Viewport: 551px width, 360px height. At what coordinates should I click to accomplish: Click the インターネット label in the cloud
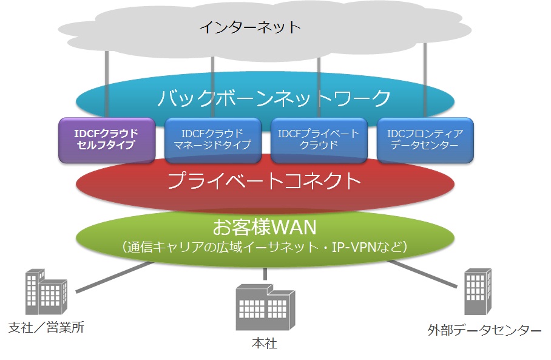[x=250, y=27]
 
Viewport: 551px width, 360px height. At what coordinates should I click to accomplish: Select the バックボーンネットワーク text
[x=274, y=98]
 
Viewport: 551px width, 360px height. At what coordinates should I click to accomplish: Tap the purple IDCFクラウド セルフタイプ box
[x=107, y=140]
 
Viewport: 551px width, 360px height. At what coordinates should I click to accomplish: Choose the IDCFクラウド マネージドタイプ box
[x=213, y=140]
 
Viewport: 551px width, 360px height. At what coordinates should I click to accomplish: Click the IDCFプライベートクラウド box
[x=319, y=140]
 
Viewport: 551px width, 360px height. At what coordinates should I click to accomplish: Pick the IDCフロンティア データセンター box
[x=425, y=140]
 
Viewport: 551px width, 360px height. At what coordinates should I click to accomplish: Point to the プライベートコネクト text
[x=264, y=181]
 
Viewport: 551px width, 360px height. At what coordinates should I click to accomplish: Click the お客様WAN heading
[x=265, y=227]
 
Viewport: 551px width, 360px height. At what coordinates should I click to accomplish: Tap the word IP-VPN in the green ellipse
[x=354, y=247]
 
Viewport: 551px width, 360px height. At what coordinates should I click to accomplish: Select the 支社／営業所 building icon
[x=46, y=291]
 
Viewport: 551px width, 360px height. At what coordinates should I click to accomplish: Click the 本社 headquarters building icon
[x=265, y=307]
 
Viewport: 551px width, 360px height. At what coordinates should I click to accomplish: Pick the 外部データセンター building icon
[x=478, y=291]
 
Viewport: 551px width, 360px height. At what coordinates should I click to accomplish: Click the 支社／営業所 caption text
[x=46, y=327]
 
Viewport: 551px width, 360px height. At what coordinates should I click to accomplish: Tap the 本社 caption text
[x=265, y=343]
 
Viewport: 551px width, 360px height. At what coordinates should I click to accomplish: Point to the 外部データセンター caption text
[x=484, y=330]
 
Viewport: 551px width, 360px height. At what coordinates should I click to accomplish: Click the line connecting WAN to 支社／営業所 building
[x=115, y=277]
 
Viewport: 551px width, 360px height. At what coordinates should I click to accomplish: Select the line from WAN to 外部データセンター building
[x=422, y=274]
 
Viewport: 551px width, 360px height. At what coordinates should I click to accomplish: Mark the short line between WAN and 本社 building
[x=265, y=274]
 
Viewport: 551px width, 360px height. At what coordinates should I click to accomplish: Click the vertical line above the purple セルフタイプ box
[x=107, y=84]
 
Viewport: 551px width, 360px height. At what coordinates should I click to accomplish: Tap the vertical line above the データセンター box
[x=425, y=80]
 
